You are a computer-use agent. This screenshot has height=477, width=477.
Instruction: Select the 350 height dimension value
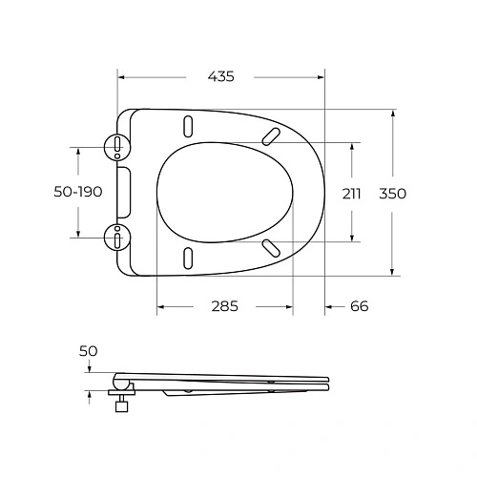pos(392,193)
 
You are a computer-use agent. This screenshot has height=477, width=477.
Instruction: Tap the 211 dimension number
pos(352,193)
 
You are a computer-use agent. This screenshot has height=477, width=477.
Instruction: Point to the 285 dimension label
pos(224,306)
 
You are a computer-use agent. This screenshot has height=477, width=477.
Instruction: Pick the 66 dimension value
pos(359,306)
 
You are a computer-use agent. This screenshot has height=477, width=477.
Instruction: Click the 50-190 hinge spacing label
pos(77,193)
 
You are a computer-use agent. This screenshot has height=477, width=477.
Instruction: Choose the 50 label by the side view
pos(88,351)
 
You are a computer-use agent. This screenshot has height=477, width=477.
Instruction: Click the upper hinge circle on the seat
pos(116,146)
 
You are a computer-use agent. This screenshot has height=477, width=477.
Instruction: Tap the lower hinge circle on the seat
pos(116,235)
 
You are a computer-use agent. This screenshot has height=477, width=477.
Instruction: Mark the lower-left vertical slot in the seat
pos(188,257)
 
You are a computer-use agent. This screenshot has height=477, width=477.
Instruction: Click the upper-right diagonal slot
pos(272,135)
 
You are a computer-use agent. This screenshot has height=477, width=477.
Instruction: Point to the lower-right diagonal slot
pos(272,249)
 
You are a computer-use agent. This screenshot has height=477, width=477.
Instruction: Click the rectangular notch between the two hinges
pos(123,191)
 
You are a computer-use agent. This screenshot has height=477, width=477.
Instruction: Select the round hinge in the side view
pos(120,381)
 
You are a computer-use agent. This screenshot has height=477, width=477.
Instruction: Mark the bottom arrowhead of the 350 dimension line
pos(393,272)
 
